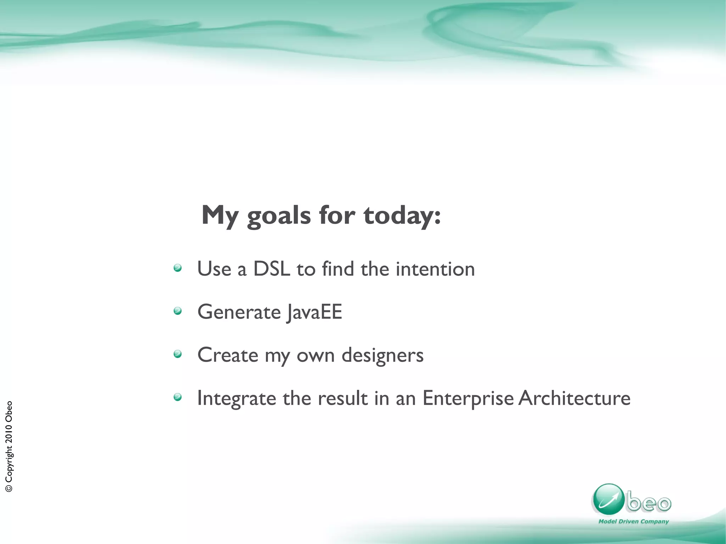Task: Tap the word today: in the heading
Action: click(402, 216)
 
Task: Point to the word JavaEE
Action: click(314, 312)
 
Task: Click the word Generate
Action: click(239, 312)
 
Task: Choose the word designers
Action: click(382, 355)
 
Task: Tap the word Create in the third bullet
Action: click(228, 355)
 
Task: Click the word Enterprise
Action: click(468, 398)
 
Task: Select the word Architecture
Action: click(574, 398)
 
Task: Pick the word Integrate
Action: click(236, 398)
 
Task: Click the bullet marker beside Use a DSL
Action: click(178, 268)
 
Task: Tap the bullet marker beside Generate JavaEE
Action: click(178, 311)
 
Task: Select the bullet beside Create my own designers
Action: click(178, 354)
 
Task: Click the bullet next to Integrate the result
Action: click(178, 397)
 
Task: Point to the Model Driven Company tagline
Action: click(633, 521)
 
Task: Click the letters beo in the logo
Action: click(648, 503)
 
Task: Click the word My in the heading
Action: click(220, 216)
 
